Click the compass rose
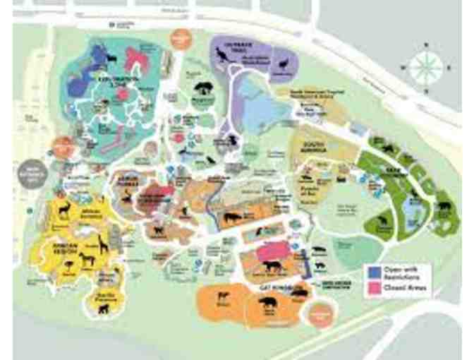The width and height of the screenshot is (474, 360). pyautogui.click(x=425, y=69)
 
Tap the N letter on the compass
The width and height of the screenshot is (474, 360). pyautogui.click(x=425, y=47)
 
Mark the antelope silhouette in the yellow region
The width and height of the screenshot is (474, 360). pyautogui.click(x=65, y=210)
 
